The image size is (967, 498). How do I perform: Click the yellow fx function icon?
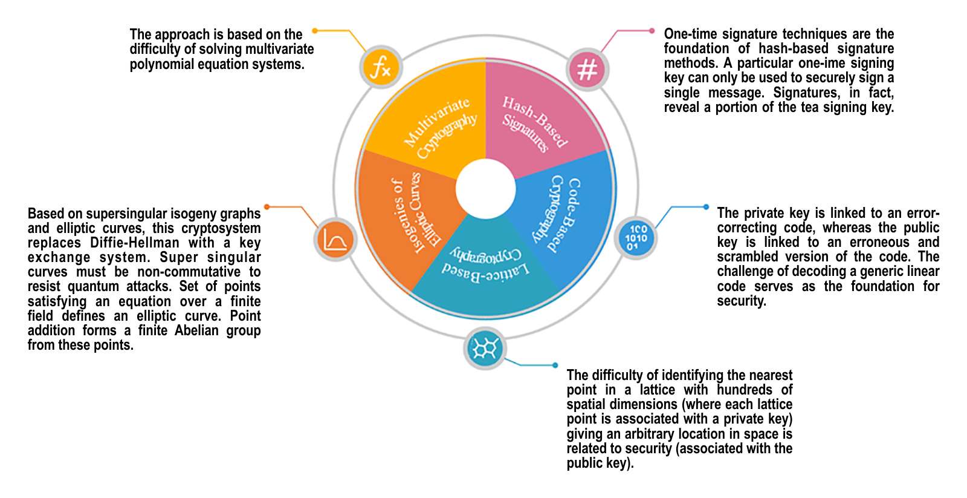pos(381,67)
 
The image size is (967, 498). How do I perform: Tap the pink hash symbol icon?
pos(587,68)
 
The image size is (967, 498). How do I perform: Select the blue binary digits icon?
pos(635,238)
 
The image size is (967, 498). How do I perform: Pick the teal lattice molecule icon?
pos(485,349)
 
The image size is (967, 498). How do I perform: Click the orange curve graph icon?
pos(335,239)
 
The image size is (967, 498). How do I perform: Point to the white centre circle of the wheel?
pos(486,189)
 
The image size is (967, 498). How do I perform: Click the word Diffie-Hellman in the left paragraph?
pos(135,243)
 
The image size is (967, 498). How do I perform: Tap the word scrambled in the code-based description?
pos(747,257)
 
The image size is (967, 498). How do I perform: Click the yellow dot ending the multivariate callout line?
pos(315,30)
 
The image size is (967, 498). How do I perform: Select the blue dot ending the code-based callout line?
pos(706,207)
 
